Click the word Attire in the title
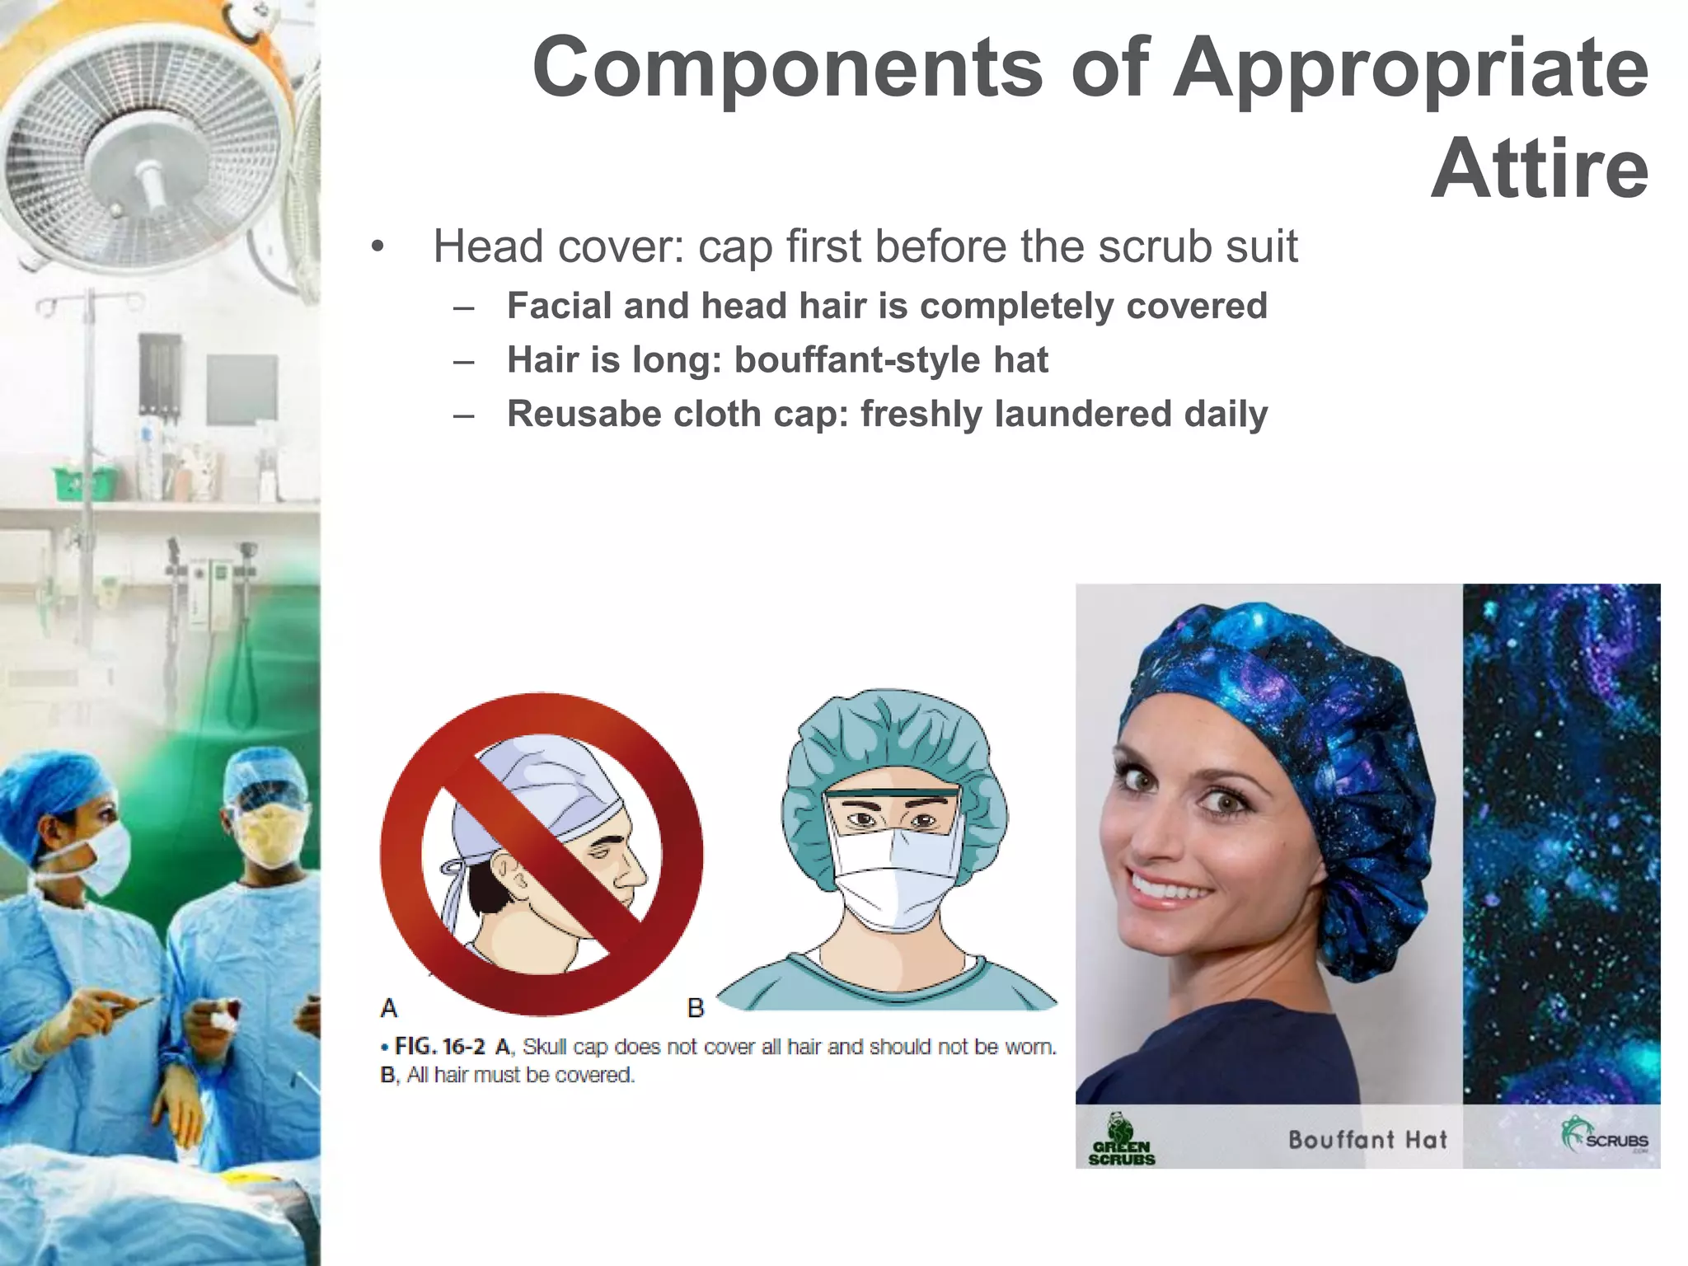pyautogui.click(x=1540, y=170)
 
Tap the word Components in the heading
pyautogui.click(x=787, y=68)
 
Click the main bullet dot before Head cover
pyautogui.click(x=377, y=247)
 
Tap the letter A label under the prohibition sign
pyautogui.click(x=389, y=1007)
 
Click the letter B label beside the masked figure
pyautogui.click(x=696, y=1007)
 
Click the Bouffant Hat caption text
pyautogui.click(x=1367, y=1140)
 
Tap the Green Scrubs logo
pyautogui.click(x=1121, y=1140)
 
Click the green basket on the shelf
pyautogui.click(x=83, y=481)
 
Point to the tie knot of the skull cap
pyautogui.click(x=452, y=869)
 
